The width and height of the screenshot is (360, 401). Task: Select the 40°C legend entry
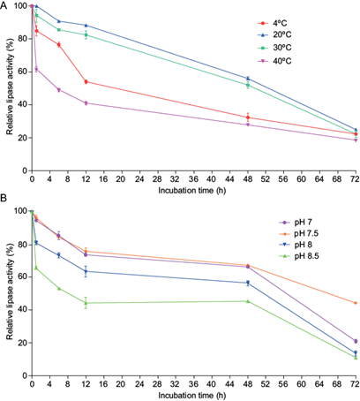[274, 61]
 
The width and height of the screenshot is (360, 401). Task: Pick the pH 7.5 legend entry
[298, 234]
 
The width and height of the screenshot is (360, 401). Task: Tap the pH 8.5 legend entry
[298, 256]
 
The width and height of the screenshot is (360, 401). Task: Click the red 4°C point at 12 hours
[86, 82]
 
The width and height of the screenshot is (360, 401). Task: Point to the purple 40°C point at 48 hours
[248, 125]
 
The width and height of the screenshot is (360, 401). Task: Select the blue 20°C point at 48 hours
[248, 79]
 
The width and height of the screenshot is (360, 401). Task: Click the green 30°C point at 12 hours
[86, 35]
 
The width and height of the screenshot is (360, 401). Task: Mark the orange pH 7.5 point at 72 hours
[356, 303]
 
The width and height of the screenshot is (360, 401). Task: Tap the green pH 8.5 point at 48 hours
[248, 301]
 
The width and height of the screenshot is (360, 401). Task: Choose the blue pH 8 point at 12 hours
[86, 271]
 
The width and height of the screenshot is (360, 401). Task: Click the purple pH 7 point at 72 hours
[356, 341]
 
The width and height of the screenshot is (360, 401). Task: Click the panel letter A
[4, 5]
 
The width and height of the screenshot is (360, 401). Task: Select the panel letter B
[4, 199]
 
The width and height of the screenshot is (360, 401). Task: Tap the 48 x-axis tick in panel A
[248, 178]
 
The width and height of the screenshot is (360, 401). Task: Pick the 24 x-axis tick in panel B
[139, 384]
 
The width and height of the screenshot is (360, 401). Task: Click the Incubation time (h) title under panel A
[192, 191]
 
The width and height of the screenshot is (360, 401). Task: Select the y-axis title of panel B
[10, 291]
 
